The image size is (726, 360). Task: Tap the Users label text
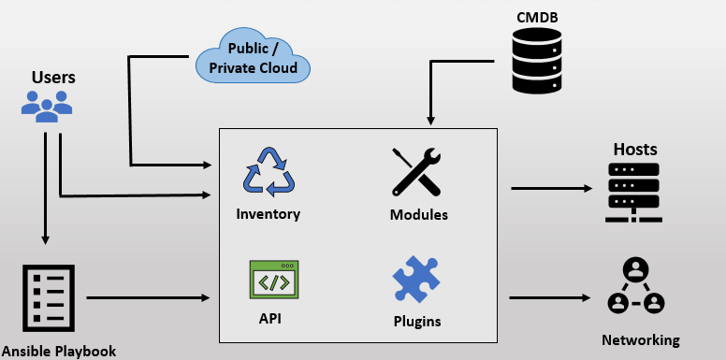click(x=53, y=77)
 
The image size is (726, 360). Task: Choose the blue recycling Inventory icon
click(x=269, y=172)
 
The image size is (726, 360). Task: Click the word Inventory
click(x=269, y=214)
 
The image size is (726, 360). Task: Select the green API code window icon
click(x=273, y=280)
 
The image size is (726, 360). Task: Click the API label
click(x=270, y=318)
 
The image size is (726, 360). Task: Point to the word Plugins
click(x=417, y=322)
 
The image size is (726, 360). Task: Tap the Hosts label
click(x=635, y=150)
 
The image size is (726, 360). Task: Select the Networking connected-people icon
click(x=635, y=287)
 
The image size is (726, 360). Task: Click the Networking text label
click(x=641, y=339)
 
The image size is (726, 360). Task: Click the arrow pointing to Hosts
click(x=552, y=189)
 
